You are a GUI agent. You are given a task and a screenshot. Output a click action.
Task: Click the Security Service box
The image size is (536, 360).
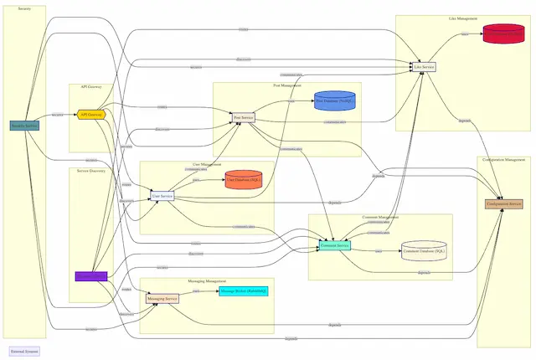tap(24, 126)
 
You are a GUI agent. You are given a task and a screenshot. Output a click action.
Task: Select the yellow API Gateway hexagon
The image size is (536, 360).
tap(90, 114)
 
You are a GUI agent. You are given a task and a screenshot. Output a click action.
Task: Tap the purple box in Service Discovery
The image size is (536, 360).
tap(90, 275)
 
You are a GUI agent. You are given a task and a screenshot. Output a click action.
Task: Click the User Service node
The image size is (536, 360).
tap(162, 196)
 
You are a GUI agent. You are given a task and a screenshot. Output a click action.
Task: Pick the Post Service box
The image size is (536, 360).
tap(244, 118)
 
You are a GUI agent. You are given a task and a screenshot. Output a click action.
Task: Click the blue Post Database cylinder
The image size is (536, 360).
tap(335, 100)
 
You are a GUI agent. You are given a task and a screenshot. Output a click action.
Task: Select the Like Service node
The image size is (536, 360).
tap(425, 66)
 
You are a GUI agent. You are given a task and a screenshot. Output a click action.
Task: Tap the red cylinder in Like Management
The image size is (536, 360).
tap(508, 34)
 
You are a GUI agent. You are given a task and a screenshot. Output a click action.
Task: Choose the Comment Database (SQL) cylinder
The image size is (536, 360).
tap(425, 250)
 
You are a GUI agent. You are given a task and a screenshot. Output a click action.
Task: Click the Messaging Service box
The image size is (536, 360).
tap(162, 298)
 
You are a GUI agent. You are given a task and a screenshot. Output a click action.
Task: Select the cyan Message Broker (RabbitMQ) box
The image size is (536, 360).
tap(244, 291)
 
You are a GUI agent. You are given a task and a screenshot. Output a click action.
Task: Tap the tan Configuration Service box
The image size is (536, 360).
tap(503, 203)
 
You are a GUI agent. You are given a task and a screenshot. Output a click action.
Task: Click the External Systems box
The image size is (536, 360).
tap(24, 352)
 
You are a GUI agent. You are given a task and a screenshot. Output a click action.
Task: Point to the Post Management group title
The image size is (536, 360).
tap(287, 85)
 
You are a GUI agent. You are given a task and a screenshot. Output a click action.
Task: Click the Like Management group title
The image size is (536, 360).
tap(463, 18)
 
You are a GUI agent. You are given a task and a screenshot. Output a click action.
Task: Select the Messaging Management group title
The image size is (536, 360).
tap(207, 281)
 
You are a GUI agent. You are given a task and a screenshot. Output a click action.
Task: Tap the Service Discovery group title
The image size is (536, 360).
tap(90, 171)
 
